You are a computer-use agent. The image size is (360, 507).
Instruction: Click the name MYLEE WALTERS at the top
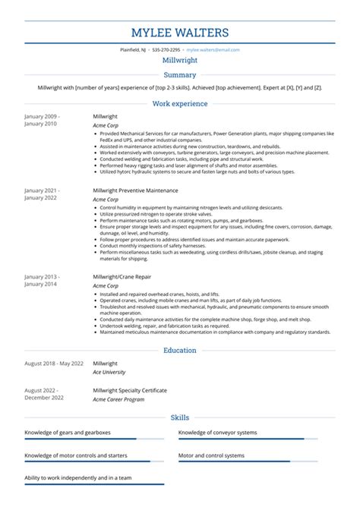pos(180,33)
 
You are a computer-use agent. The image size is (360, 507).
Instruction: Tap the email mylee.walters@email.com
pos(213,49)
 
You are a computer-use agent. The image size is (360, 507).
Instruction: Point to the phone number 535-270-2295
pos(165,49)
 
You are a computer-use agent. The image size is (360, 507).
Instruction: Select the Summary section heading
pos(180,75)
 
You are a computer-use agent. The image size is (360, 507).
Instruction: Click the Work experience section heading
pos(180,103)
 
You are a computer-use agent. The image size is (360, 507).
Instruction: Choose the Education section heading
pos(180,351)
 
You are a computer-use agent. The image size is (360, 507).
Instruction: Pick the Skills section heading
pos(180,417)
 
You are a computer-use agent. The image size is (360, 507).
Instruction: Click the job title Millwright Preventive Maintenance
pos(135,191)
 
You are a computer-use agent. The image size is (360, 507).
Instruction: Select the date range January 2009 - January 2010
pos(42,121)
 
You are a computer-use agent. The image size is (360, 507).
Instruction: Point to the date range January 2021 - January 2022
pos(42,194)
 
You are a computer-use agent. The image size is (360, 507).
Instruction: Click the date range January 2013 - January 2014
pos(42,281)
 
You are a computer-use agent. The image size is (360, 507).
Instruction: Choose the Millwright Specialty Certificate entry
pos(129,390)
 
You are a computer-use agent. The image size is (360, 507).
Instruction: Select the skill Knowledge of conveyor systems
pos(218,432)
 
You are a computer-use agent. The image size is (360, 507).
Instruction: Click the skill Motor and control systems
pos(211,455)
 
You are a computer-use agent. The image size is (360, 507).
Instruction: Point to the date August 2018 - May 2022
pos(54,364)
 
